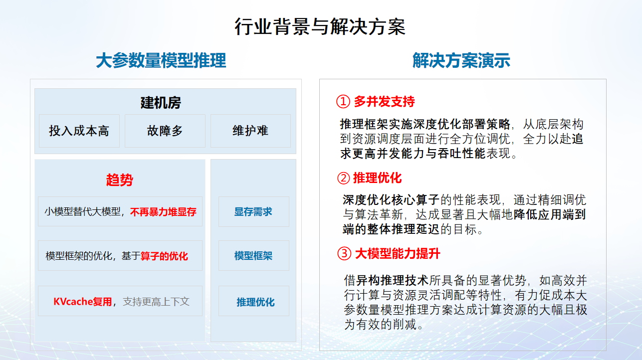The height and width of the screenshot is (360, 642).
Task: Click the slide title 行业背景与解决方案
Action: (x=320, y=27)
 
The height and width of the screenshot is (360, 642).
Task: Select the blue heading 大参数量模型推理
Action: (x=161, y=61)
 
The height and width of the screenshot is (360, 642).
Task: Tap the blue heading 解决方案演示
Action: (x=461, y=61)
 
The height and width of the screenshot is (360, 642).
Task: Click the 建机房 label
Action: (x=161, y=103)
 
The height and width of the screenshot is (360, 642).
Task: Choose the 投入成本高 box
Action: (x=79, y=131)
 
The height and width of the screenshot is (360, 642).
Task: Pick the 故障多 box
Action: (x=165, y=131)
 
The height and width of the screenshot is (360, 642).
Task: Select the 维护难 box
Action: (x=250, y=131)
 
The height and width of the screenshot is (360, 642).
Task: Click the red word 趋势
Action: (x=120, y=180)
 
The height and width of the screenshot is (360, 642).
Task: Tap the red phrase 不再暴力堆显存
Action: (x=163, y=212)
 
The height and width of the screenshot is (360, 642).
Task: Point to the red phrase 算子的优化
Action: (x=164, y=256)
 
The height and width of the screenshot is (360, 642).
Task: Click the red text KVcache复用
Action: (x=83, y=302)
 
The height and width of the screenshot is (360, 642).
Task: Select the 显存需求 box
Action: (x=253, y=212)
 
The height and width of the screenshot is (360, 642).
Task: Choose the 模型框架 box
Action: (x=253, y=256)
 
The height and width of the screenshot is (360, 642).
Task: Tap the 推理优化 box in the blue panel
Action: (x=255, y=302)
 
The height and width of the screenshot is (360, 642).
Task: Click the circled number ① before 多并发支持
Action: (x=343, y=102)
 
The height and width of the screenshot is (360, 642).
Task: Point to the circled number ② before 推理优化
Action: (x=343, y=178)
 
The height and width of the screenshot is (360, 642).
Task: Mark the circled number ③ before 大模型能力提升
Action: (x=344, y=254)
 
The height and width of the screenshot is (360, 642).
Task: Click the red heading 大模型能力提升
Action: (x=398, y=254)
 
